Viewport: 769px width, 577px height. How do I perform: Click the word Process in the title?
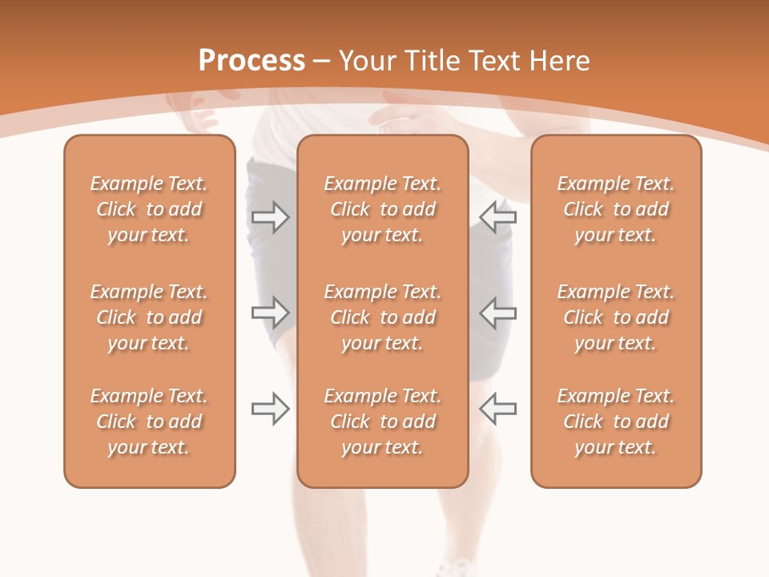click(252, 61)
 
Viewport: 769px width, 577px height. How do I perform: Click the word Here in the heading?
click(559, 61)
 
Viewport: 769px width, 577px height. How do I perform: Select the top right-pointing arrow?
click(270, 217)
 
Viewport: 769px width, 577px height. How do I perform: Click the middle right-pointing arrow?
click(270, 312)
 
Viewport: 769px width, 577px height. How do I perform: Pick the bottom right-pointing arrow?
click(270, 409)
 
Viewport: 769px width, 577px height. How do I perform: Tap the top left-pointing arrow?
click(498, 217)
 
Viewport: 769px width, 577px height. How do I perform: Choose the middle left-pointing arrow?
click(498, 312)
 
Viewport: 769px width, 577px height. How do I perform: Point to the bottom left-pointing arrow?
click(498, 409)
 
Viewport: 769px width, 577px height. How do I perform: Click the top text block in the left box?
click(149, 209)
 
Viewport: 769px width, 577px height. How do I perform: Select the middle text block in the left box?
click(149, 317)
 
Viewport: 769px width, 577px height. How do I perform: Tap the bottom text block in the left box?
click(149, 422)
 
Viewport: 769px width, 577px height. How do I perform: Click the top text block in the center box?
click(382, 209)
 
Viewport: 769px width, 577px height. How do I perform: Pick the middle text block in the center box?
click(382, 317)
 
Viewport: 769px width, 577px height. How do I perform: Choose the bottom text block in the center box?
click(382, 422)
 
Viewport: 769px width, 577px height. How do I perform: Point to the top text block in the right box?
click(616, 209)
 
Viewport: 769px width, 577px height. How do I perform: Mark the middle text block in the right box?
click(616, 317)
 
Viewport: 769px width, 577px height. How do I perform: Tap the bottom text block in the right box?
click(616, 422)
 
